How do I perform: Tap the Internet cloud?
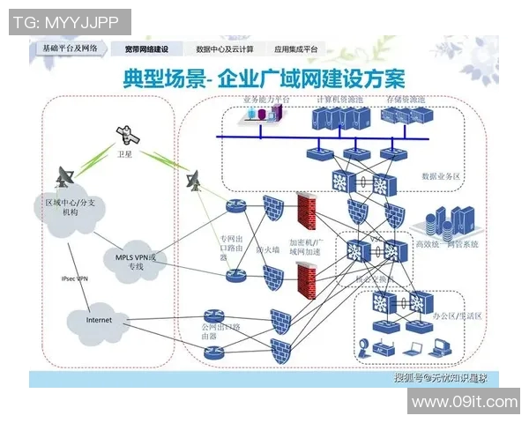pyautogui.click(x=99, y=320)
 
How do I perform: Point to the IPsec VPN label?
pyautogui.click(x=74, y=278)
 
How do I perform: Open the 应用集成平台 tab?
pyautogui.click(x=297, y=49)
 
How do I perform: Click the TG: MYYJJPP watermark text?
pyautogui.click(x=69, y=21)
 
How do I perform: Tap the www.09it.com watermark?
pyautogui.click(x=465, y=402)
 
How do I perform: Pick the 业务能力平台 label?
pyautogui.click(x=266, y=100)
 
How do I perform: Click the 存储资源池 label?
pyautogui.click(x=406, y=100)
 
